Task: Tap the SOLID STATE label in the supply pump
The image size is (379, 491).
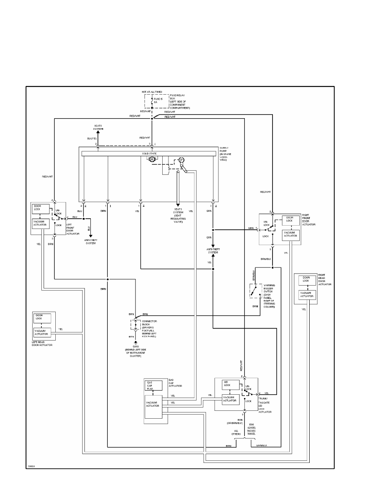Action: (x=149, y=153)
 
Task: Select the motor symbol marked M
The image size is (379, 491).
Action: (x=152, y=159)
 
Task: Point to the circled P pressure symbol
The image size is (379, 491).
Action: (x=181, y=160)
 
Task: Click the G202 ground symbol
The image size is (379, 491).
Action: (x=135, y=342)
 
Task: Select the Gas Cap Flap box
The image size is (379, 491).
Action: (x=153, y=386)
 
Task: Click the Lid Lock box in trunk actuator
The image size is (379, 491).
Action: (x=231, y=385)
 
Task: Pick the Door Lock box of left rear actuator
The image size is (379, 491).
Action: (x=42, y=318)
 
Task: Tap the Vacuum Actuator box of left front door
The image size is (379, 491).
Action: (x=41, y=224)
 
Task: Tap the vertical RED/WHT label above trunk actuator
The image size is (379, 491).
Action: (x=242, y=366)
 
